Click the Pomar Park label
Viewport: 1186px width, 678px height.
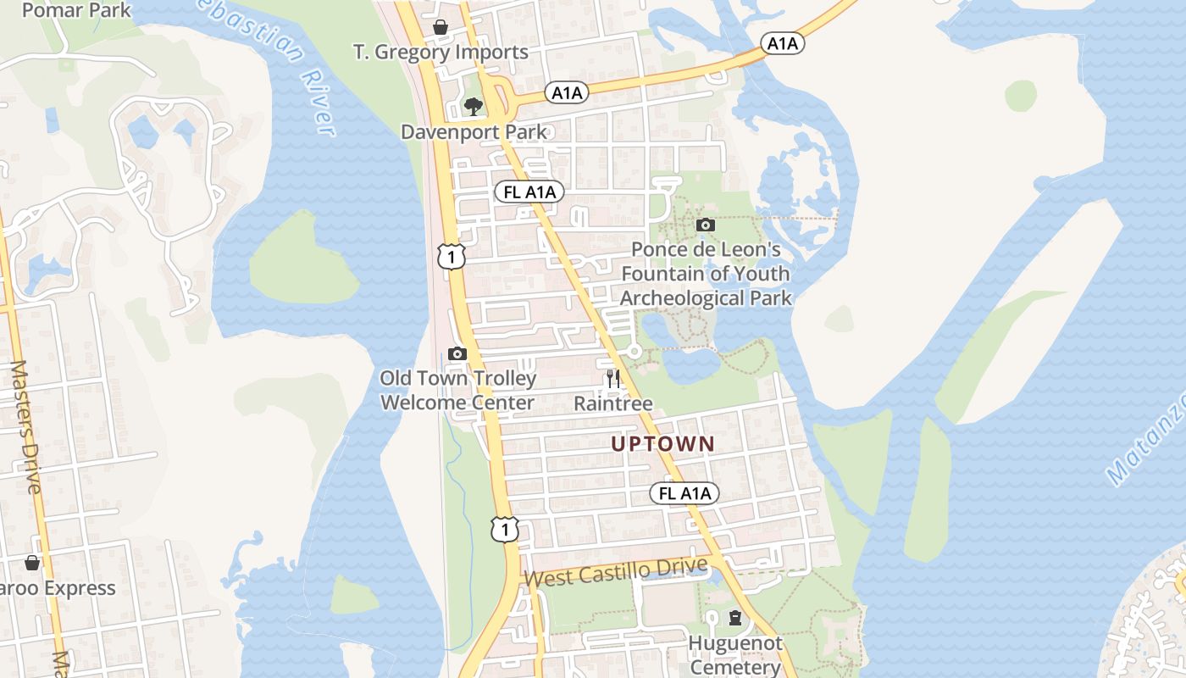(x=76, y=10)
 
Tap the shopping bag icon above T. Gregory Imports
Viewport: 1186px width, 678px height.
(x=441, y=28)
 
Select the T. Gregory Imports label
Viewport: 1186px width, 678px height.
(x=441, y=53)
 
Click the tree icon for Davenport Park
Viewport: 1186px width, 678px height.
(x=473, y=107)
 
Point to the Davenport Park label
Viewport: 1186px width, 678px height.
(x=474, y=132)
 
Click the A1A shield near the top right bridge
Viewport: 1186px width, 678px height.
(x=782, y=43)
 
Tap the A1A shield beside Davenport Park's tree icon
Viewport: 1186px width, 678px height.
(x=567, y=92)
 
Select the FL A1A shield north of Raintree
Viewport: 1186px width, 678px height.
(x=529, y=192)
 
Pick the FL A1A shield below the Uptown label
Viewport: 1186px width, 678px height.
(x=684, y=493)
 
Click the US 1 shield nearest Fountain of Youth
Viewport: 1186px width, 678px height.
(x=452, y=255)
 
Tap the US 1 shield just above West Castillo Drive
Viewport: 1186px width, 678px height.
(x=504, y=530)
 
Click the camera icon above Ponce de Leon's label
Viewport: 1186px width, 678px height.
(x=705, y=225)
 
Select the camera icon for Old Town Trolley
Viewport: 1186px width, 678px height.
(x=457, y=353)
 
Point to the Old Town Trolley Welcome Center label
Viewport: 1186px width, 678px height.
(x=457, y=391)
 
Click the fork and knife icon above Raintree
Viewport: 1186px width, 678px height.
(x=613, y=378)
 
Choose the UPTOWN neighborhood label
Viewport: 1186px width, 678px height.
(x=663, y=443)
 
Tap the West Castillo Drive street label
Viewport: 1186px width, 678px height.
(x=616, y=573)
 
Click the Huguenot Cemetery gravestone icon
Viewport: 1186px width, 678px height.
(x=735, y=619)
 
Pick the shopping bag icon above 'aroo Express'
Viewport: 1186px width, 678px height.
(x=32, y=563)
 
